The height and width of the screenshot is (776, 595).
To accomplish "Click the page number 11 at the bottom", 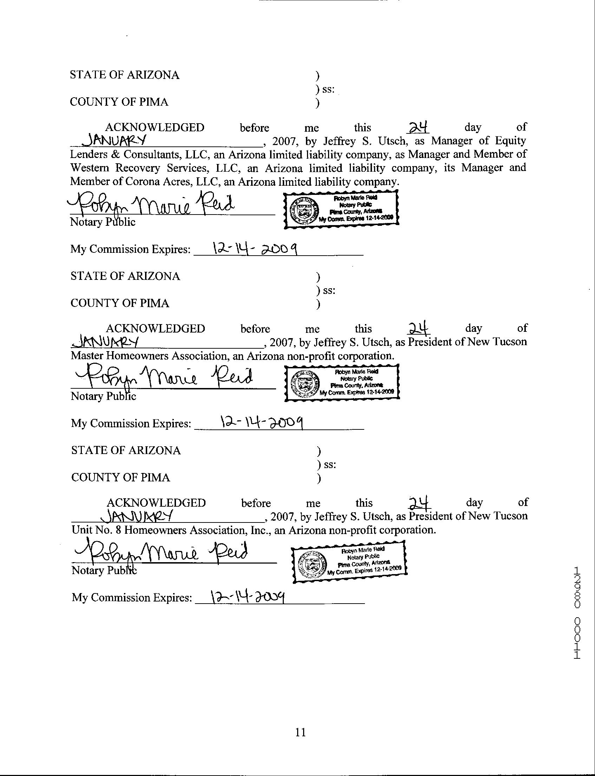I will point(300,732).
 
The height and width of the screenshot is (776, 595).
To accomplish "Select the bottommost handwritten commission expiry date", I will point(248,597).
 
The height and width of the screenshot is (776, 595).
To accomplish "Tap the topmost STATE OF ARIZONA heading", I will point(124,75).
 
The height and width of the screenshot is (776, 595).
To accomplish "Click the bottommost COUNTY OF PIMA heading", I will point(120,477).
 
